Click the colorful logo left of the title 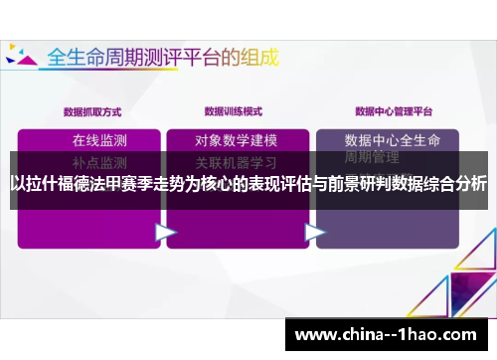[x=21, y=55]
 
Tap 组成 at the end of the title [x=253, y=54]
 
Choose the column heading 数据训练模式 [x=235, y=110]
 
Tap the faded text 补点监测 [x=99, y=160]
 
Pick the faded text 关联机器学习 [x=236, y=160]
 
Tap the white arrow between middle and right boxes [x=315, y=232]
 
